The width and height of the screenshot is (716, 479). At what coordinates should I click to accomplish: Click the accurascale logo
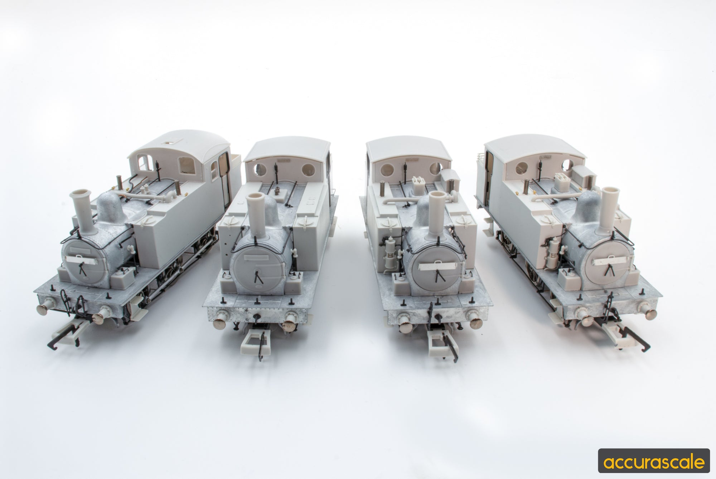coord(653,462)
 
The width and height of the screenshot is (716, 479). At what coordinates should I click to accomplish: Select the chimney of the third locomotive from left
coord(440,212)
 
